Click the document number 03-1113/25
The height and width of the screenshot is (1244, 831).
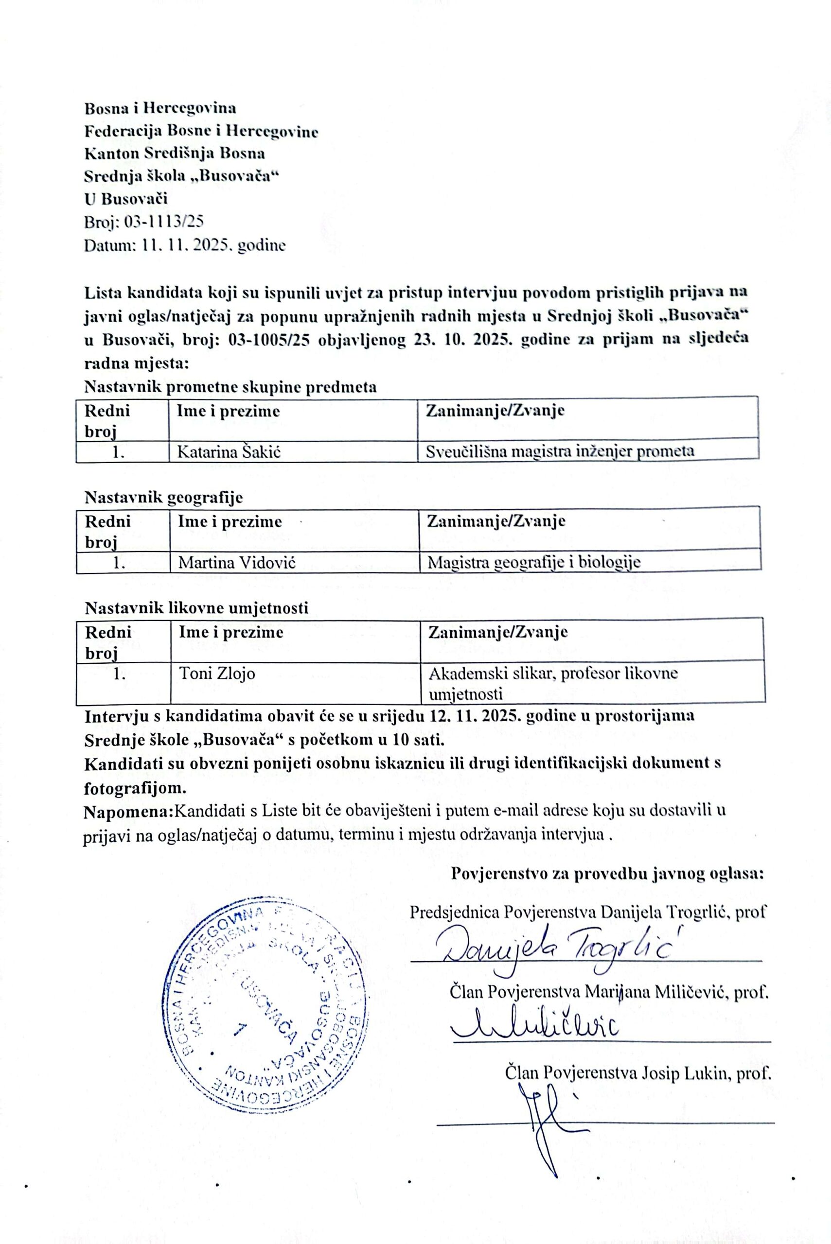pos(164,222)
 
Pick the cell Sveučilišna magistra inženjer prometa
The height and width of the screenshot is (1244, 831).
pos(560,451)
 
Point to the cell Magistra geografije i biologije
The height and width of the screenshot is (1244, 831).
pos(534,562)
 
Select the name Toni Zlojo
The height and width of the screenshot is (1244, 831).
pos(217,673)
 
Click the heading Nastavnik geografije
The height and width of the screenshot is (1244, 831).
pos(163,497)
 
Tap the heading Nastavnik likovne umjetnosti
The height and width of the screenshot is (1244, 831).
pos(196,608)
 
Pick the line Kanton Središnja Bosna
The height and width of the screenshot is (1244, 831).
pos(175,153)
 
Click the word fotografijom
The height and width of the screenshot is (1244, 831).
pos(135,788)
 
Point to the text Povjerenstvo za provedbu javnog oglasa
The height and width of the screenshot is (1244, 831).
pos(607,874)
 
